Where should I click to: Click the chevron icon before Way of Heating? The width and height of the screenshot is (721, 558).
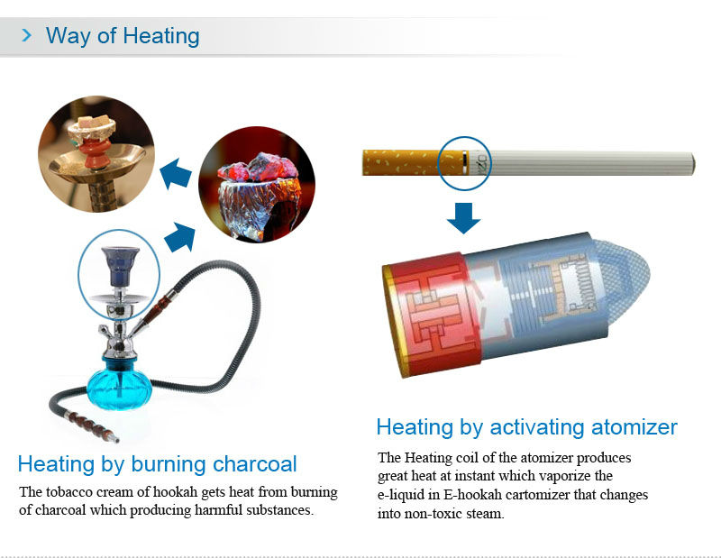27,35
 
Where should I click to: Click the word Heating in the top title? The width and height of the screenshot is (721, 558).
161,36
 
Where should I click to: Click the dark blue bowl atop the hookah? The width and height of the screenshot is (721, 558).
120,266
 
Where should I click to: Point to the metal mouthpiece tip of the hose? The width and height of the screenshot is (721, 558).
115,438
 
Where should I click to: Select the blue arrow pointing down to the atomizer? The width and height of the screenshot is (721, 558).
463,217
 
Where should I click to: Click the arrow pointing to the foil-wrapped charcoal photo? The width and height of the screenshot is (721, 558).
180,237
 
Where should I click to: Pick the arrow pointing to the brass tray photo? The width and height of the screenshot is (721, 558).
176,174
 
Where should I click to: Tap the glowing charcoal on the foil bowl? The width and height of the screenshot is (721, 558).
259,168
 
